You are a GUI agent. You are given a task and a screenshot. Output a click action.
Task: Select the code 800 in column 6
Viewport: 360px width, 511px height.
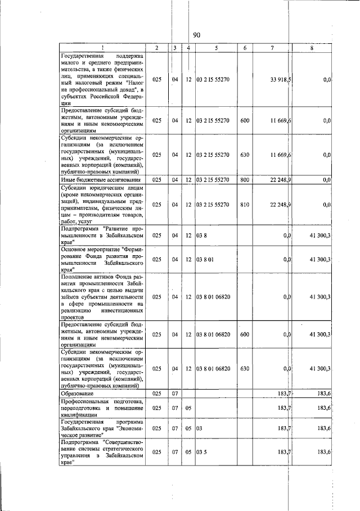(245, 180)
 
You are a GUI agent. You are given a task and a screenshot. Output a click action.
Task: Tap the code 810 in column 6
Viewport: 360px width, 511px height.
(245, 205)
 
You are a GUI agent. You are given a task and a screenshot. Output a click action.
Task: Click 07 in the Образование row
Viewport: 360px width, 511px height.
(175, 394)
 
